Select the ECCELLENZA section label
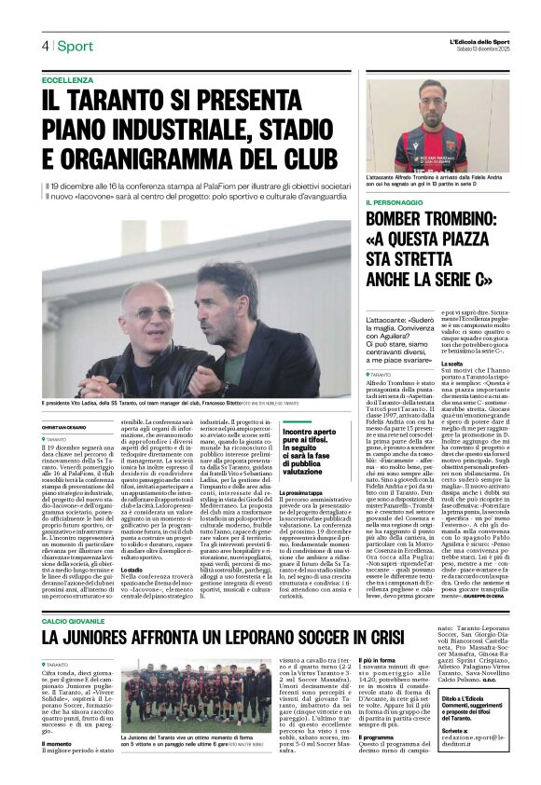[x=67, y=80]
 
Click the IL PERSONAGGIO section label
[x=398, y=202]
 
